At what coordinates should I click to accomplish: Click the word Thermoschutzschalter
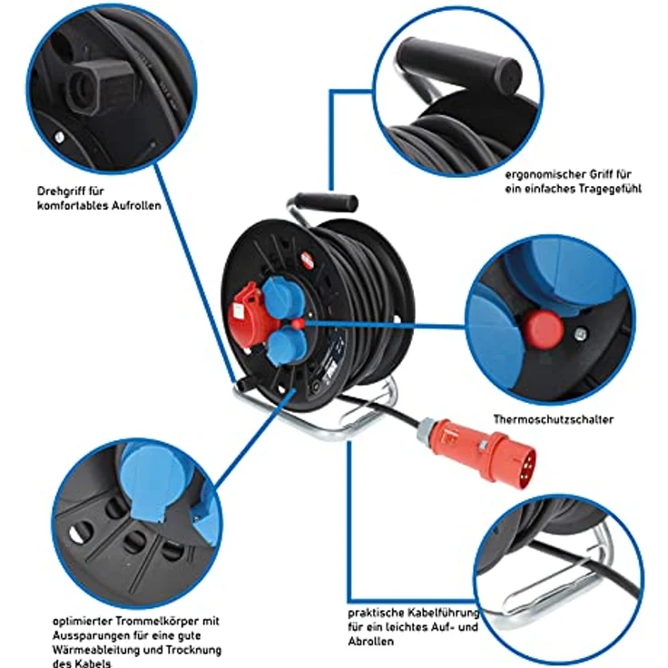point(553,419)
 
